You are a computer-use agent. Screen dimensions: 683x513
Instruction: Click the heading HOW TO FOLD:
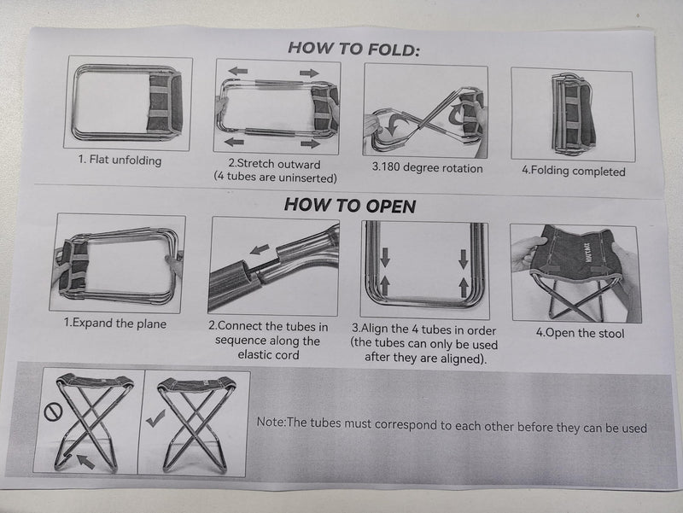354,49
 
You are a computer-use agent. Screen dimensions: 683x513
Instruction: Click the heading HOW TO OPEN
350,205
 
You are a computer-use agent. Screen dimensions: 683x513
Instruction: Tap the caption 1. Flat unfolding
120,160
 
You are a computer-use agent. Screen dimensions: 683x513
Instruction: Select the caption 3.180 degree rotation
427,167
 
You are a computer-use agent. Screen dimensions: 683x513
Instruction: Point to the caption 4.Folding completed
574,170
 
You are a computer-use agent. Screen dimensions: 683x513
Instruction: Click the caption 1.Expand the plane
115,324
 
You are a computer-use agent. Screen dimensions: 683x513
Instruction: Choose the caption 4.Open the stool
581,333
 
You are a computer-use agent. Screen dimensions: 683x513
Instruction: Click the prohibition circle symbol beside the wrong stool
53,412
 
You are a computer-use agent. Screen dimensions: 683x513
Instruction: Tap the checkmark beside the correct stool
155,418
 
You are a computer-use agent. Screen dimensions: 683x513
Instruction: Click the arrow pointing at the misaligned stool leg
85,461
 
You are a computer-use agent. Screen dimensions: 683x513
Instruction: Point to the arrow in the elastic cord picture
260,249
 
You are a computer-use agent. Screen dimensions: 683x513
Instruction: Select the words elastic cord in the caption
268,355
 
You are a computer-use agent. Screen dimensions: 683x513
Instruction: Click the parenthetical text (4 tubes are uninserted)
275,178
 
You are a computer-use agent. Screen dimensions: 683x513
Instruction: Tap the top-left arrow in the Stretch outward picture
238,71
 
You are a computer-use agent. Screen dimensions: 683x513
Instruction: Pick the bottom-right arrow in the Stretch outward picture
311,143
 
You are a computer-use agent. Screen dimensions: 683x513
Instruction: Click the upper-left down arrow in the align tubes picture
385,258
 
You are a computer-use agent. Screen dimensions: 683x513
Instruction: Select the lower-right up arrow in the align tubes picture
464,288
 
